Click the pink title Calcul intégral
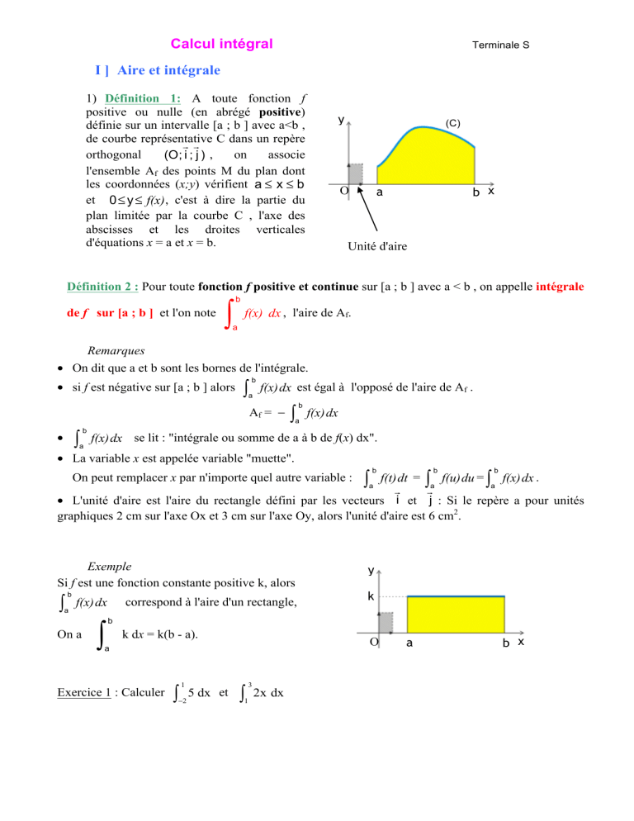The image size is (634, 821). (221, 43)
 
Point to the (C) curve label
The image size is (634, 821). (453, 123)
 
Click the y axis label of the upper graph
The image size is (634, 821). (341, 121)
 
